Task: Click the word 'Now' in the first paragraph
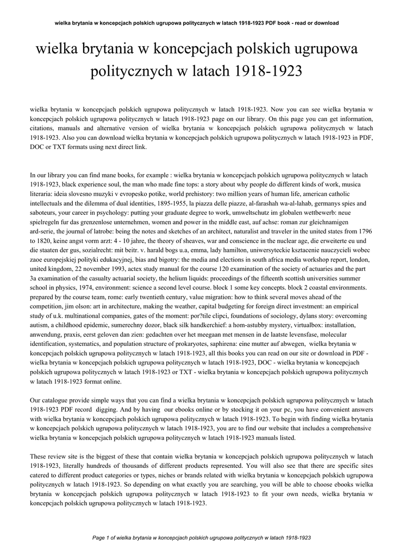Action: (277, 109)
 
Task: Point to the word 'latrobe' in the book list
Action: (108, 231)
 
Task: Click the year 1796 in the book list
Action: (364, 231)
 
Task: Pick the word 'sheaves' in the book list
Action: (184, 240)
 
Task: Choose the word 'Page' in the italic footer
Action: (99, 537)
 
